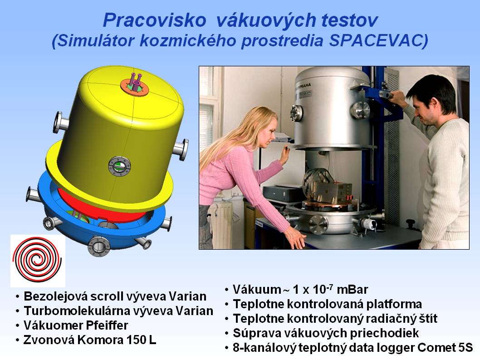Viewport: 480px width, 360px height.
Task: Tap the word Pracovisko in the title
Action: [155, 20]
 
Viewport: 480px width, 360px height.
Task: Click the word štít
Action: [428, 319]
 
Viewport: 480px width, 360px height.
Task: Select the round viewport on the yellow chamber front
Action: [120, 166]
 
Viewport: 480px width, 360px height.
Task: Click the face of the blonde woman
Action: [265, 133]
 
